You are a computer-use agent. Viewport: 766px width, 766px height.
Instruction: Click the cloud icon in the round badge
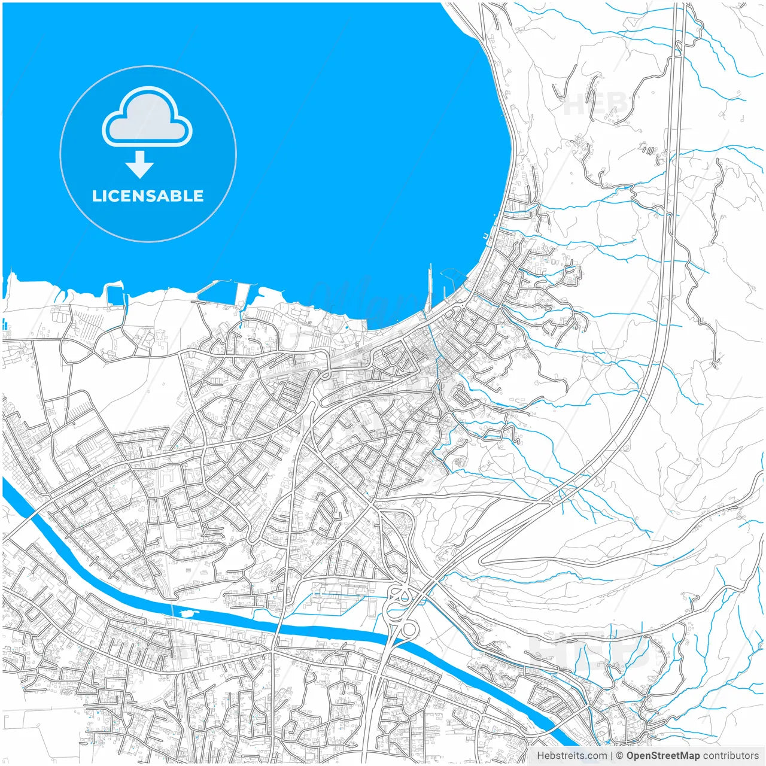(x=147, y=117)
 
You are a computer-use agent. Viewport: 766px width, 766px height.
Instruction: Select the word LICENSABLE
(x=148, y=196)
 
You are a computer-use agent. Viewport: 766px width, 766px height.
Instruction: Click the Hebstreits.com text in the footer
(x=572, y=756)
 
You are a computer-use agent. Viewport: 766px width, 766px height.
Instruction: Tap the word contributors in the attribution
(x=730, y=756)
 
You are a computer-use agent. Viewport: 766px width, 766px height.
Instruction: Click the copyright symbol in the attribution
(x=619, y=756)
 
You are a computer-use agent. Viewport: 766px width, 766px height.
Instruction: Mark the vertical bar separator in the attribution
(x=612, y=756)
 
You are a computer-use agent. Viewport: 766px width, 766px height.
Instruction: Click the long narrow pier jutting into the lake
(x=430, y=287)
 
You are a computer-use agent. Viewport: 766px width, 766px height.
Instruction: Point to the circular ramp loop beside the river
(x=409, y=629)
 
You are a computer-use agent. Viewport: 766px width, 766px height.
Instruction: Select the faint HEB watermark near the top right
(x=595, y=103)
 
